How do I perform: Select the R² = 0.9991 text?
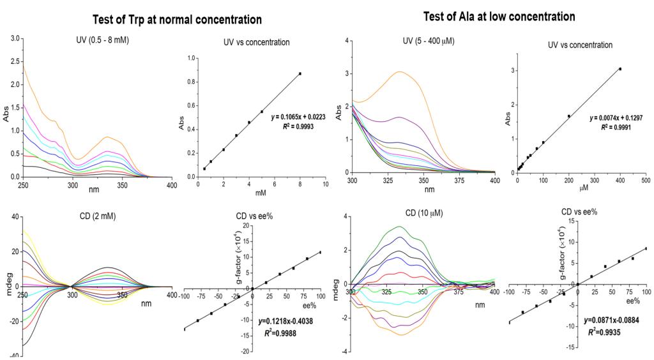(611, 128)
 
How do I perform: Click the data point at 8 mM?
(300, 73)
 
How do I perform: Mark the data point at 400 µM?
(620, 69)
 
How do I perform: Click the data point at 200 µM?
(568, 116)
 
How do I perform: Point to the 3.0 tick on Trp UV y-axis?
(15, 39)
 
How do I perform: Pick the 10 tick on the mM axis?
(325, 184)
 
